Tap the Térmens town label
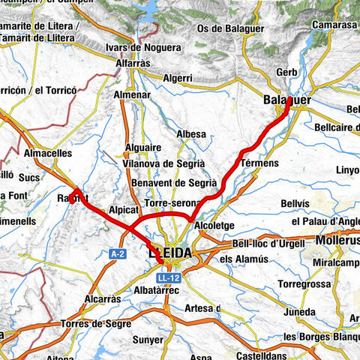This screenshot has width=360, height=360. coord(261,163)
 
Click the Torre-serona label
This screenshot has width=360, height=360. coord(173,203)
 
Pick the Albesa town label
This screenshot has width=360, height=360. coord(190,134)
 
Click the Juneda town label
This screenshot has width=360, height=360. coord(299,312)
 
